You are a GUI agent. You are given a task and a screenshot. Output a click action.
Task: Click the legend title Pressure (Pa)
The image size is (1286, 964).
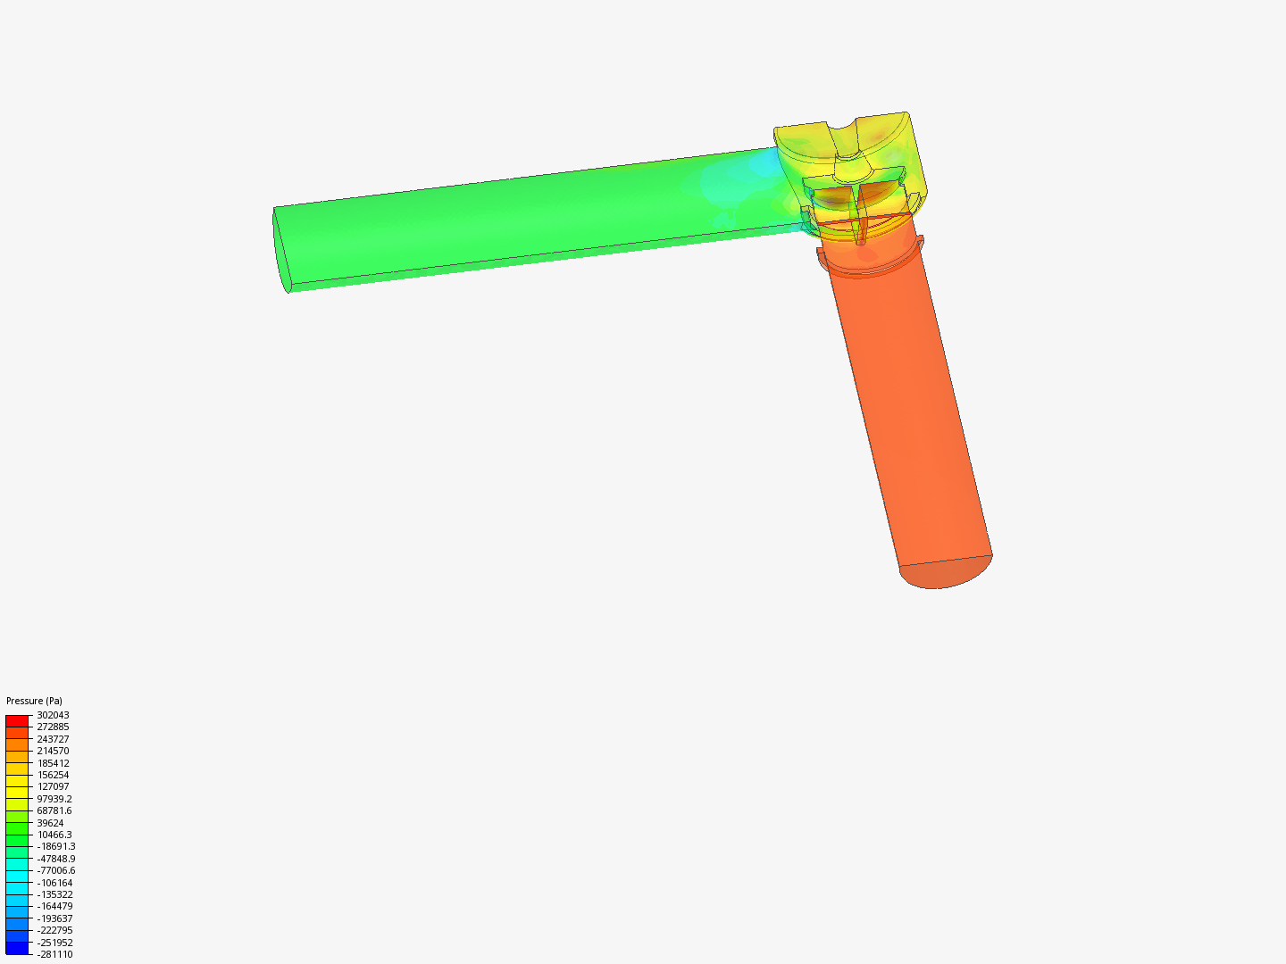click(x=34, y=701)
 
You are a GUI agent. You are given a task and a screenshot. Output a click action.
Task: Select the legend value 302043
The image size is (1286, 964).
click(x=53, y=715)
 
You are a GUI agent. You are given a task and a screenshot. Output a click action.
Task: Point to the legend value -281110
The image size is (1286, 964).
click(x=54, y=954)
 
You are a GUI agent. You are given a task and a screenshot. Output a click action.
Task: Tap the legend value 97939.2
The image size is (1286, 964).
click(x=54, y=799)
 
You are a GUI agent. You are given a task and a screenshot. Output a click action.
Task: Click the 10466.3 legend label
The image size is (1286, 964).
click(x=54, y=835)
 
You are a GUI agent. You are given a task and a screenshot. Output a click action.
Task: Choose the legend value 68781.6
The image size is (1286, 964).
click(x=54, y=810)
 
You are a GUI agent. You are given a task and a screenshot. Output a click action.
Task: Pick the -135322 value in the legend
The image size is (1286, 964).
click(x=54, y=894)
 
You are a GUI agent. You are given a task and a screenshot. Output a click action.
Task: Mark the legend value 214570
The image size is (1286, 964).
click(x=53, y=751)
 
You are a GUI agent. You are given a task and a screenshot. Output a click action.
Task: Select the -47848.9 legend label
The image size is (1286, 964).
click(x=56, y=859)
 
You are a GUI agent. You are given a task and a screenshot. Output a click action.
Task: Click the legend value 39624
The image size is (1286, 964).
click(x=50, y=823)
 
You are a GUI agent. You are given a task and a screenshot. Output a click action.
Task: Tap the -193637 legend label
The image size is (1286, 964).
click(x=54, y=918)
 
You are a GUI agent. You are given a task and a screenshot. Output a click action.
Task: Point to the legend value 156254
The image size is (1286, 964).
click(x=53, y=775)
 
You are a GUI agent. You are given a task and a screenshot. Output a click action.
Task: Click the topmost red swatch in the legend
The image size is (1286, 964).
click(x=17, y=720)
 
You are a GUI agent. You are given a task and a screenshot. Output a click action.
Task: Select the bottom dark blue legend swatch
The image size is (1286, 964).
click(x=17, y=949)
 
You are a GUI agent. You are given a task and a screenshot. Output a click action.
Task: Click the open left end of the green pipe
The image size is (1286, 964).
click(x=281, y=249)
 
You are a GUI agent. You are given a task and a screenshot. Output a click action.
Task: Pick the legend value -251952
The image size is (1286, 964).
click(x=54, y=943)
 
